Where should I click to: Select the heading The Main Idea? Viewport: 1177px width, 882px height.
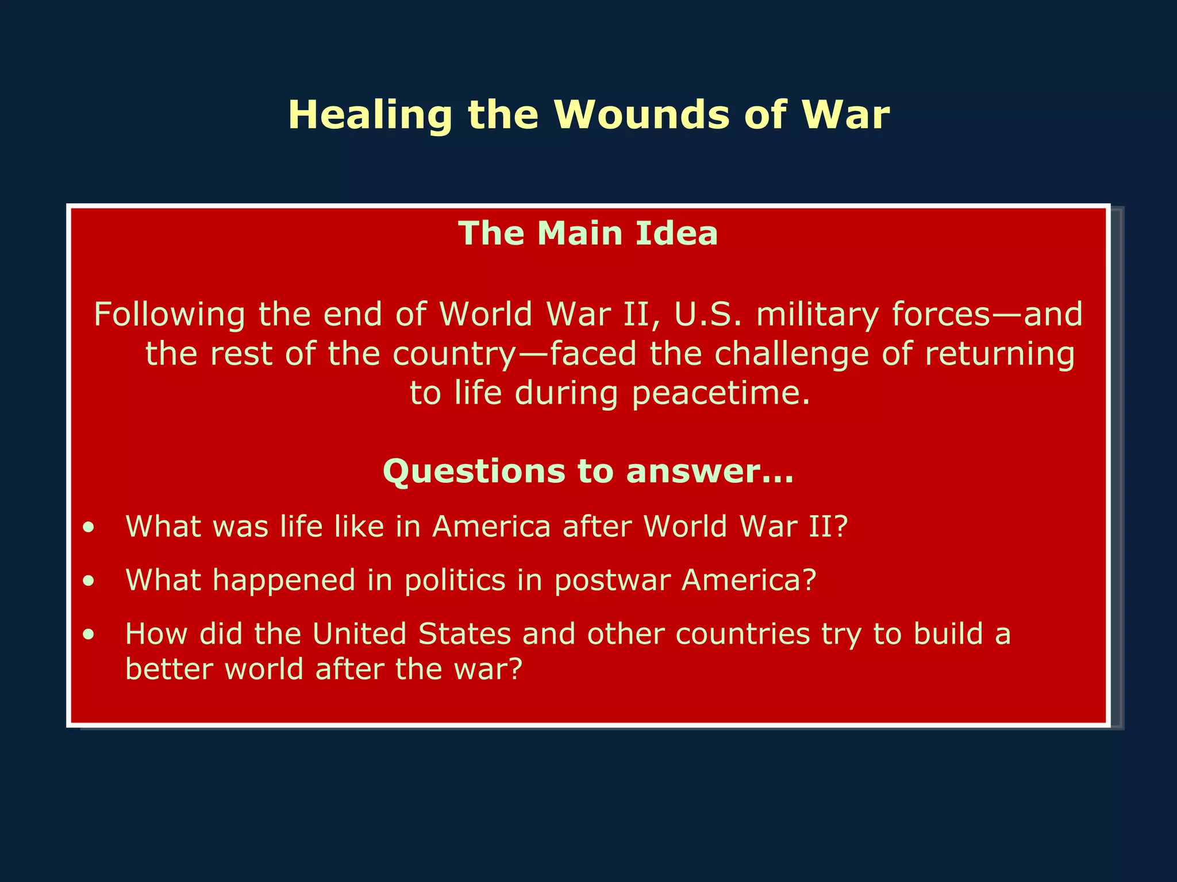click(x=588, y=234)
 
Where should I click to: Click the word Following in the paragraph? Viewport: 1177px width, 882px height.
click(x=169, y=315)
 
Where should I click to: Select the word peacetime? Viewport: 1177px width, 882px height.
click(x=721, y=393)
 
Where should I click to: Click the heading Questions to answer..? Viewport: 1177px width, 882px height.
click(x=588, y=471)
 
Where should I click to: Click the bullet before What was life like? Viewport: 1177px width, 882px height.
click(x=88, y=527)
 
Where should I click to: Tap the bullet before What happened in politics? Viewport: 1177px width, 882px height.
click(x=88, y=581)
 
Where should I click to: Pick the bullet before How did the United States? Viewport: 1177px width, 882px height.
click(x=88, y=635)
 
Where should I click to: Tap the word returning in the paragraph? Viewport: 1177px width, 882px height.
click(x=999, y=354)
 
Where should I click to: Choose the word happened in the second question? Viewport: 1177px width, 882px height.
click(x=284, y=581)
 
